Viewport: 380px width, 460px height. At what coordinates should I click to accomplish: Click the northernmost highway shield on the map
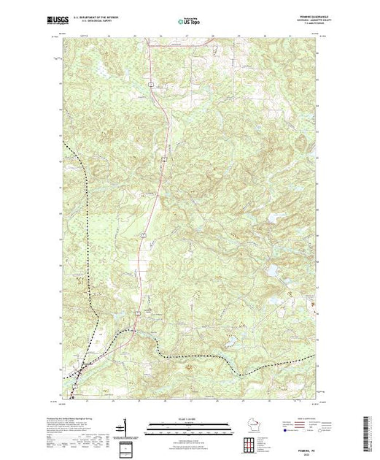pos(150,85)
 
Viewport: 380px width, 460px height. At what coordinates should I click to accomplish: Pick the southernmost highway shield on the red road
pos(136,314)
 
